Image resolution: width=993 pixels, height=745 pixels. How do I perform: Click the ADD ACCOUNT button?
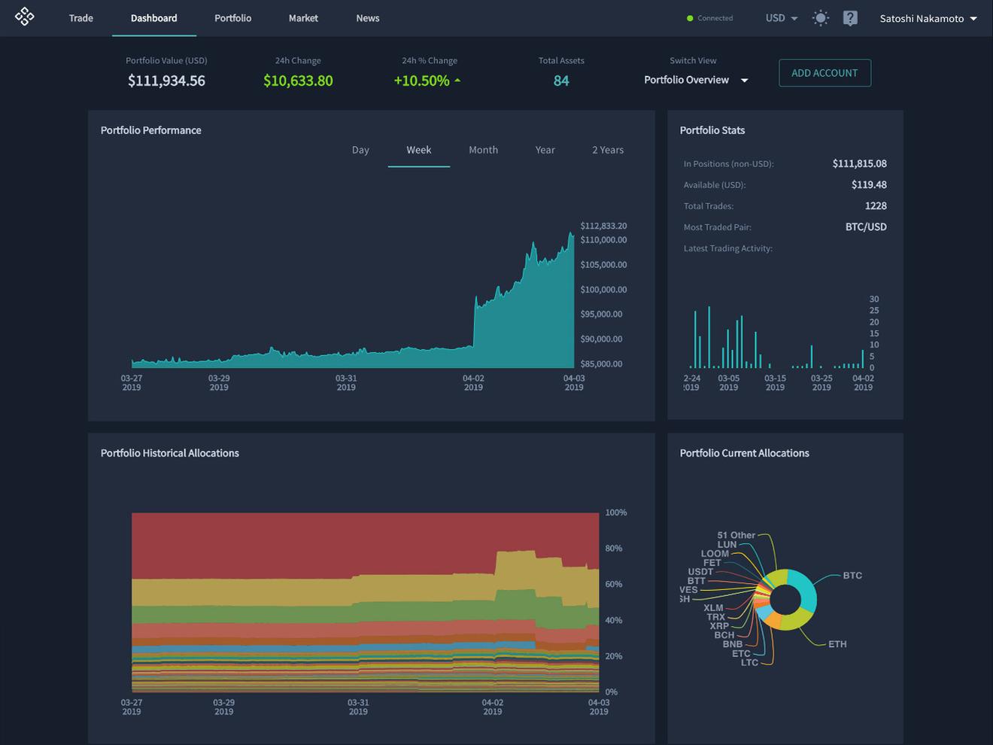pyautogui.click(x=824, y=73)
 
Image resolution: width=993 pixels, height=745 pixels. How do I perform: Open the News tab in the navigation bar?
pyautogui.click(x=367, y=18)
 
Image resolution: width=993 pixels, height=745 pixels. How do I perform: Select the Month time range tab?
pyautogui.click(x=483, y=150)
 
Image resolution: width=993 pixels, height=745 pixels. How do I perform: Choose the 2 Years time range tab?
pyautogui.click(x=607, y=150)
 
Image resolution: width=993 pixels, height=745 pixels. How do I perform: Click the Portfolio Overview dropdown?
pyautogui.click(x=695, y=80)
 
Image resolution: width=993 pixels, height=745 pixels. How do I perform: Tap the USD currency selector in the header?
pyautogui.click(x=781, y=18)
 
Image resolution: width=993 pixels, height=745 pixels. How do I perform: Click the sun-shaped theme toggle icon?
pyautogui.click(x=820, y=18)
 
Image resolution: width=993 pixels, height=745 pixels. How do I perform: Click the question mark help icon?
pyautogui.click(x=850, y=18)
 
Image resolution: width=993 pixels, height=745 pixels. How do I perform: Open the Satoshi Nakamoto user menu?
pyautogui.click(x=928, y=18)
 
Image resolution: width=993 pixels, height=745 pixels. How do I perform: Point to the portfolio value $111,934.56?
pyautogui.click(x=166, y=81)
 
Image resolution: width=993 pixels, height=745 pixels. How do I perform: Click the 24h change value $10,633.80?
pyautogui.click(x=298, y=81)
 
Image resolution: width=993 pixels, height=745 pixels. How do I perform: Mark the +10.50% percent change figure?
pyautogui.click(x=422, y=81)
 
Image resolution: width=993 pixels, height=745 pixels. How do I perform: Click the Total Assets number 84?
pyautogui.click(x=561, y=81)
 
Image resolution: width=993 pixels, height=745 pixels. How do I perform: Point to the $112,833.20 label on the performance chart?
pyautogui.click(x=603, y=226)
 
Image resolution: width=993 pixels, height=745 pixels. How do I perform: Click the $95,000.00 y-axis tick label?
pyautogui.click(x=601, y=314)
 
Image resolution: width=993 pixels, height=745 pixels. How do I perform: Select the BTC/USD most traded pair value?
pyautogui.click(x=865, y=227)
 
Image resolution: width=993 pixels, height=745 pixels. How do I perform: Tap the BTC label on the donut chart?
pyautogui.click(x=852, y=576)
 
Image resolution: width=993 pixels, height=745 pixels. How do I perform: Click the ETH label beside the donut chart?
pyautogui.click(x=837, y=644)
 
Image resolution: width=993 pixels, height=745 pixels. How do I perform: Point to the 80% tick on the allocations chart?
pyautogui.click(x=614, y=549)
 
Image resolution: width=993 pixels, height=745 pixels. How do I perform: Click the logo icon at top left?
pyautogui.click(x=24, y=17)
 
